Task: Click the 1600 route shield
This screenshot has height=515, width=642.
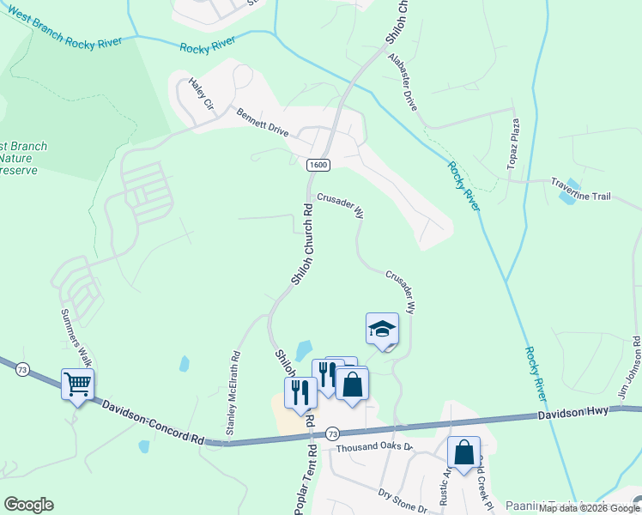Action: pos(318,165)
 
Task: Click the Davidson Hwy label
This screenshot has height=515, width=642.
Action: pos(574,414)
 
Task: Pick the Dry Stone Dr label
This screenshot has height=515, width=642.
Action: pos(403,501)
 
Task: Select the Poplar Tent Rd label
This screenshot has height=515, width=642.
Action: pos(301,481)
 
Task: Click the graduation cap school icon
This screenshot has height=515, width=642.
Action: pos(382,328)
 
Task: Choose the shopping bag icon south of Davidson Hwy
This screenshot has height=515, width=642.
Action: pos(463,451)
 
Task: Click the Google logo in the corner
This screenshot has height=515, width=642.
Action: pos(28,504)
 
